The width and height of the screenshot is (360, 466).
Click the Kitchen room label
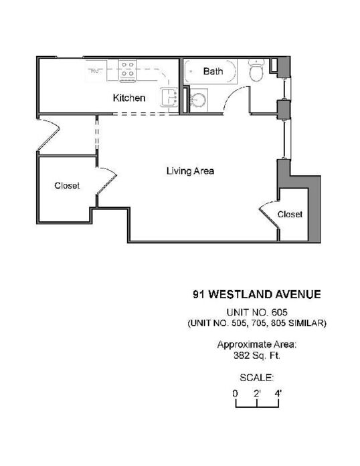[129, 98]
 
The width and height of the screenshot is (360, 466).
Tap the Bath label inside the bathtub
[213, 72]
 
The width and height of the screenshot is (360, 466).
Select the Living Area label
[190, 171]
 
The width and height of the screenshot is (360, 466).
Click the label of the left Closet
[67, 186]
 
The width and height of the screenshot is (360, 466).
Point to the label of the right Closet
[290, 214]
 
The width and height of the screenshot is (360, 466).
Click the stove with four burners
[128, 70]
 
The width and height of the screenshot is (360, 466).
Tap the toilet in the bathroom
[256, 70]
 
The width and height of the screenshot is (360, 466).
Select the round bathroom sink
[197, 100]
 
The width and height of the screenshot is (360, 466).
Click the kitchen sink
[169, 97]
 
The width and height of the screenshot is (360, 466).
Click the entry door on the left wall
[48, 134]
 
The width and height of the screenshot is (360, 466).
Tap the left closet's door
[106, 180]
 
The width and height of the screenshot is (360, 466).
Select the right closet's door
[268, 215]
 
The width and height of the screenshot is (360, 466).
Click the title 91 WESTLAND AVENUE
[257, 295]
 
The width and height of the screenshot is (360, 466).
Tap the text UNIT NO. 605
[257, 312]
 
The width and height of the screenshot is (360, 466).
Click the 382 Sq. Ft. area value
[257, 356]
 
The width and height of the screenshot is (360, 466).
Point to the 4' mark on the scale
[278, 394]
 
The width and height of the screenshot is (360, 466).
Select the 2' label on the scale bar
[258, 394]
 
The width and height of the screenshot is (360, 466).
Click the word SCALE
[256, 378]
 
